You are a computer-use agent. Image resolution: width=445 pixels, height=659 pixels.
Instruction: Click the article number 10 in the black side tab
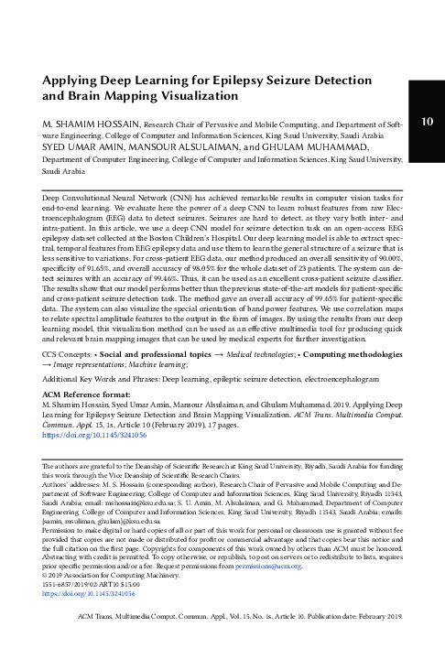coord(427,123)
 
